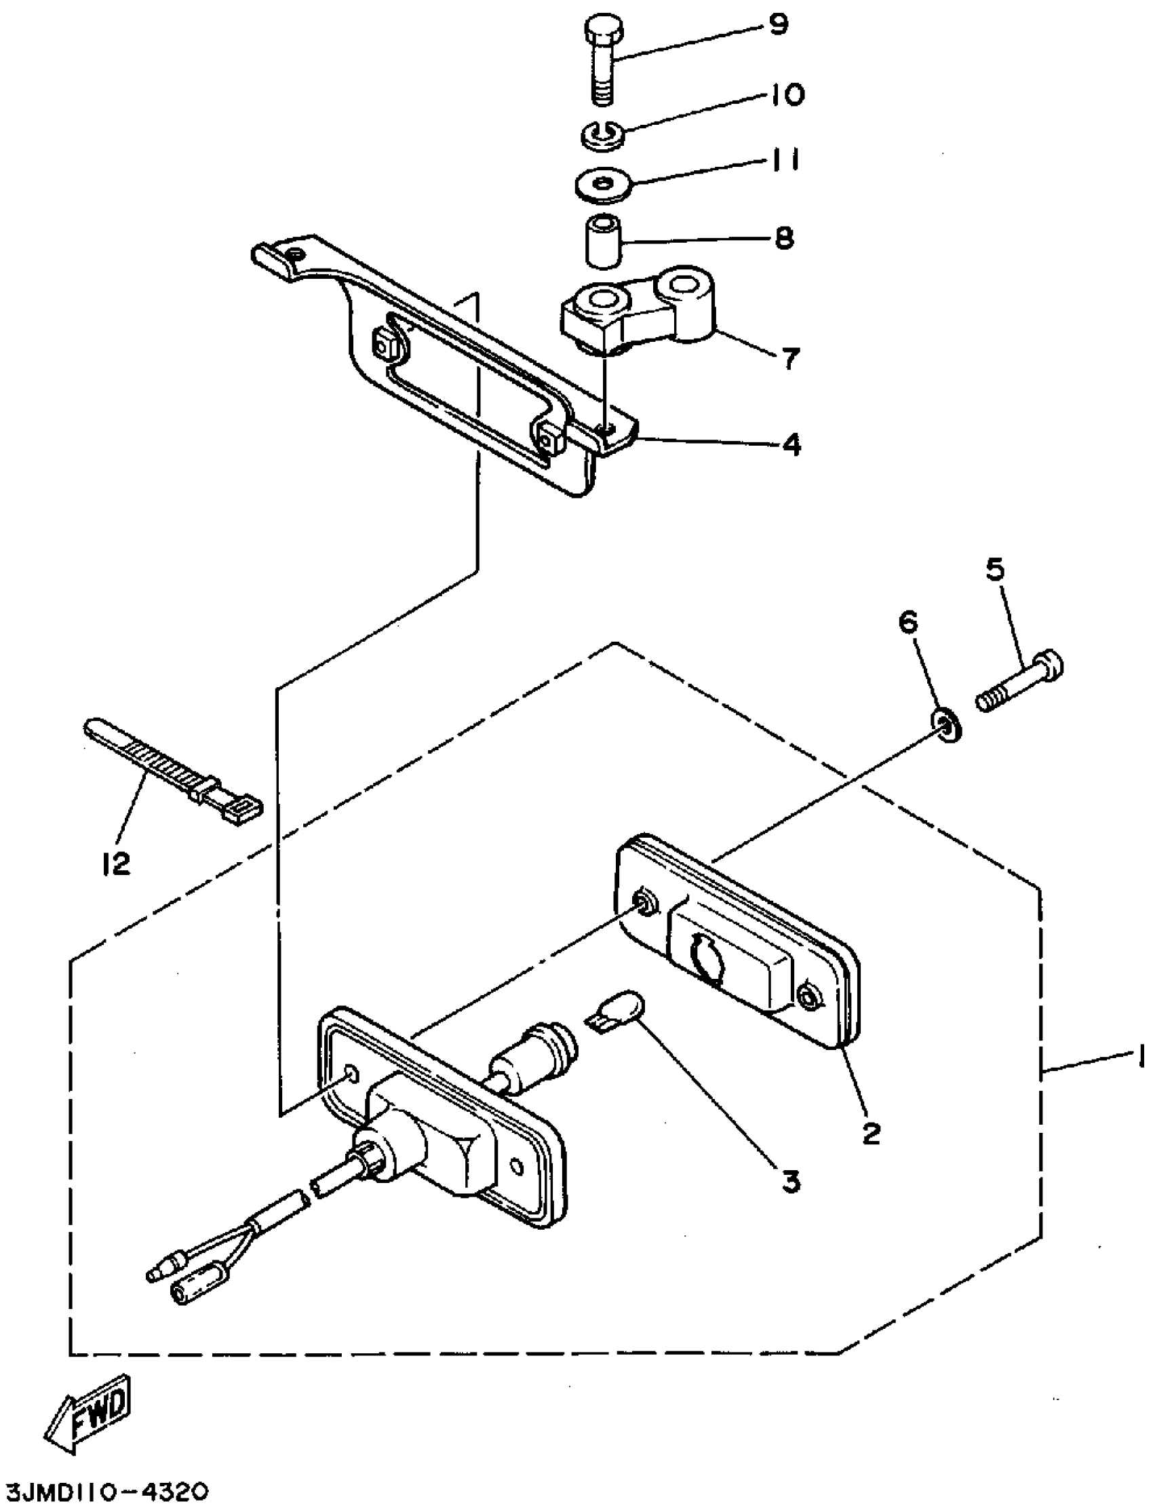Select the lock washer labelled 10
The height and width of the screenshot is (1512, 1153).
[604, 136]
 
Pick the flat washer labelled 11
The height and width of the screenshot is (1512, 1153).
[604, 187]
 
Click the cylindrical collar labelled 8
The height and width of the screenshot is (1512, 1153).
[602, 241]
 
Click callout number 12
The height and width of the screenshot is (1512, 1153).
[115, 864]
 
